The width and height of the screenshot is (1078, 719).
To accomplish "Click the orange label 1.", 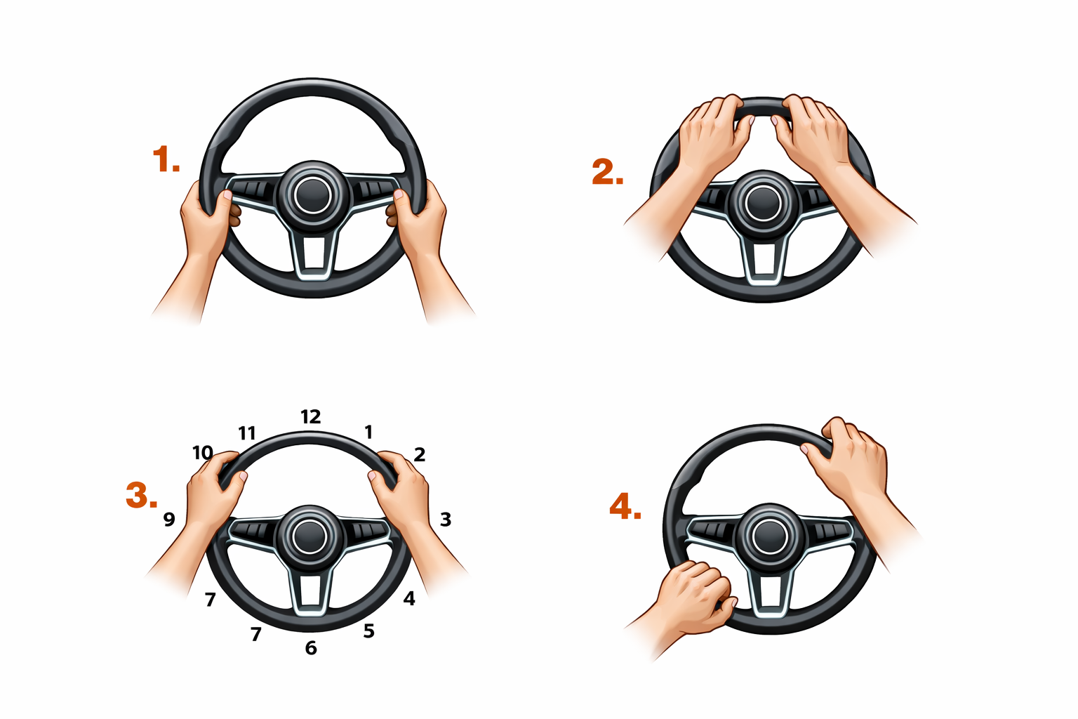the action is pos(166,159).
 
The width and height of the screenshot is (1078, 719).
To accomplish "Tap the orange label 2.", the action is pos(607,173).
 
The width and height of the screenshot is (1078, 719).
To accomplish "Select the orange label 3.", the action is pos(142,495).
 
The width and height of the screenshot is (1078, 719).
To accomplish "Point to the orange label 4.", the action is pos(625,507).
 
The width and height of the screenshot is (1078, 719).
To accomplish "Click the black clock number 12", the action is pos(310,416).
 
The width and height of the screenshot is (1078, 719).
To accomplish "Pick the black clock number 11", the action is pos(247,433).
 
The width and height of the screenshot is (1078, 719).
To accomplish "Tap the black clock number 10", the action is pos(203,453).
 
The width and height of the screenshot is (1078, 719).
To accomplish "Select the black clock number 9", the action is pos(169,519).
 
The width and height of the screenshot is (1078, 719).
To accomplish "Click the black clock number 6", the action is pos(311,648).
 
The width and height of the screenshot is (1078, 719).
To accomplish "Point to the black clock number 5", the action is pos(368,631).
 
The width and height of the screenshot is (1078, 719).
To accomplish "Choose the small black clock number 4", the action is pos(409,598).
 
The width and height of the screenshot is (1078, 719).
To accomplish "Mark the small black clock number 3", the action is pos(446,519).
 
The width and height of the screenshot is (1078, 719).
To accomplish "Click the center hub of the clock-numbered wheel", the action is pos(310,536).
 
